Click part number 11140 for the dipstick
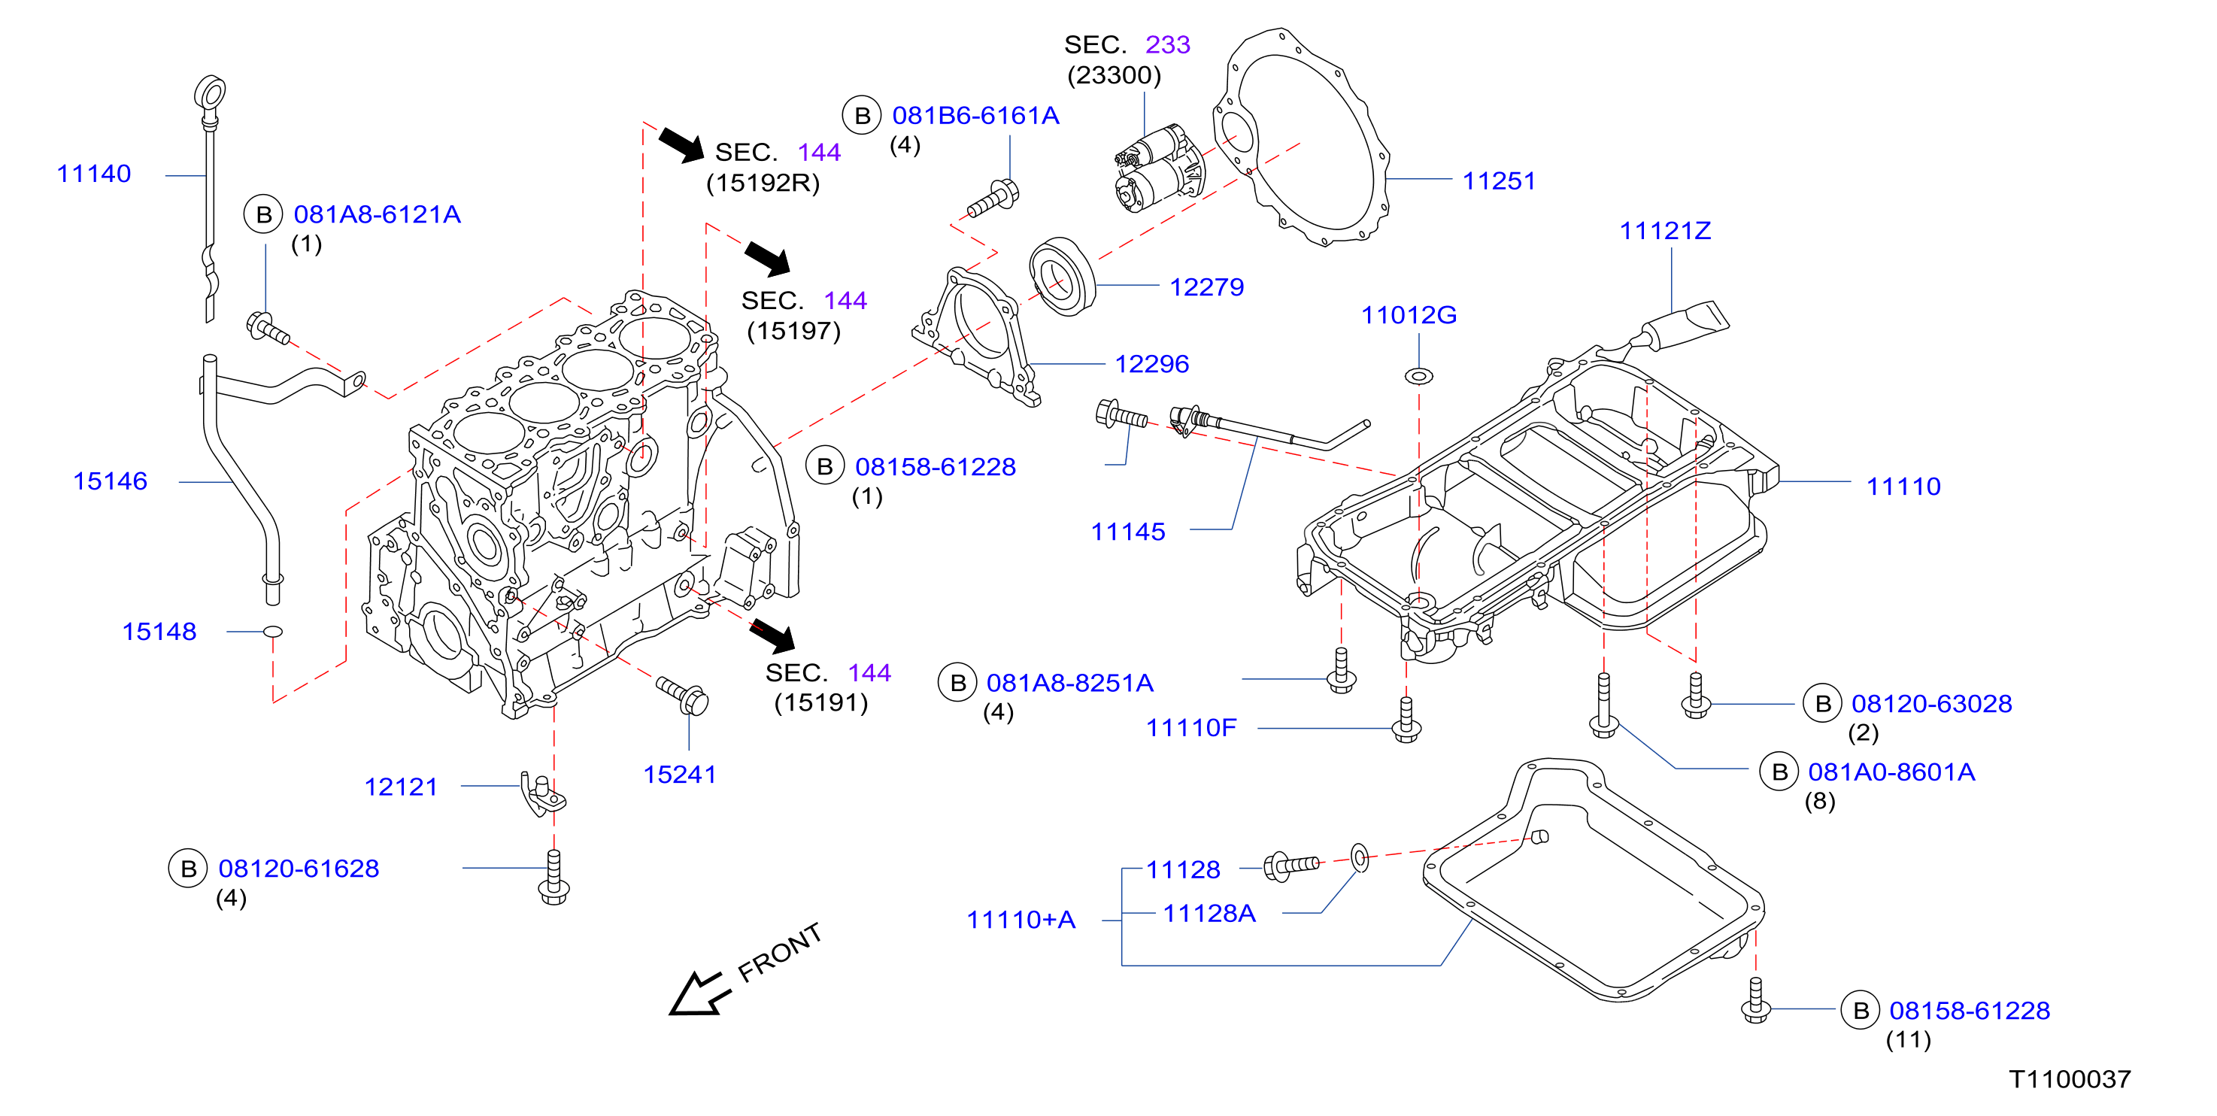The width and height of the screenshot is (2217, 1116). coord(94,174)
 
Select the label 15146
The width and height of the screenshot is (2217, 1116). coord(110,481)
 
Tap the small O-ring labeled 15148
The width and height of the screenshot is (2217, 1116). coord(273,632)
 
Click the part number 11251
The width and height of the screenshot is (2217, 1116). coord(1500,180)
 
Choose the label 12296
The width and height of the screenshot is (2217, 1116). coord(1151,364)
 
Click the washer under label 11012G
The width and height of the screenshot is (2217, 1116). coord(1419,376)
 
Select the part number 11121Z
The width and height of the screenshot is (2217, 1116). coord(1665,231)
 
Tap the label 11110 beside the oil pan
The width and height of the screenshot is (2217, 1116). coord(1903,486)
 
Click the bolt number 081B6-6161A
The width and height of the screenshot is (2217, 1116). coord(975,115)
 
